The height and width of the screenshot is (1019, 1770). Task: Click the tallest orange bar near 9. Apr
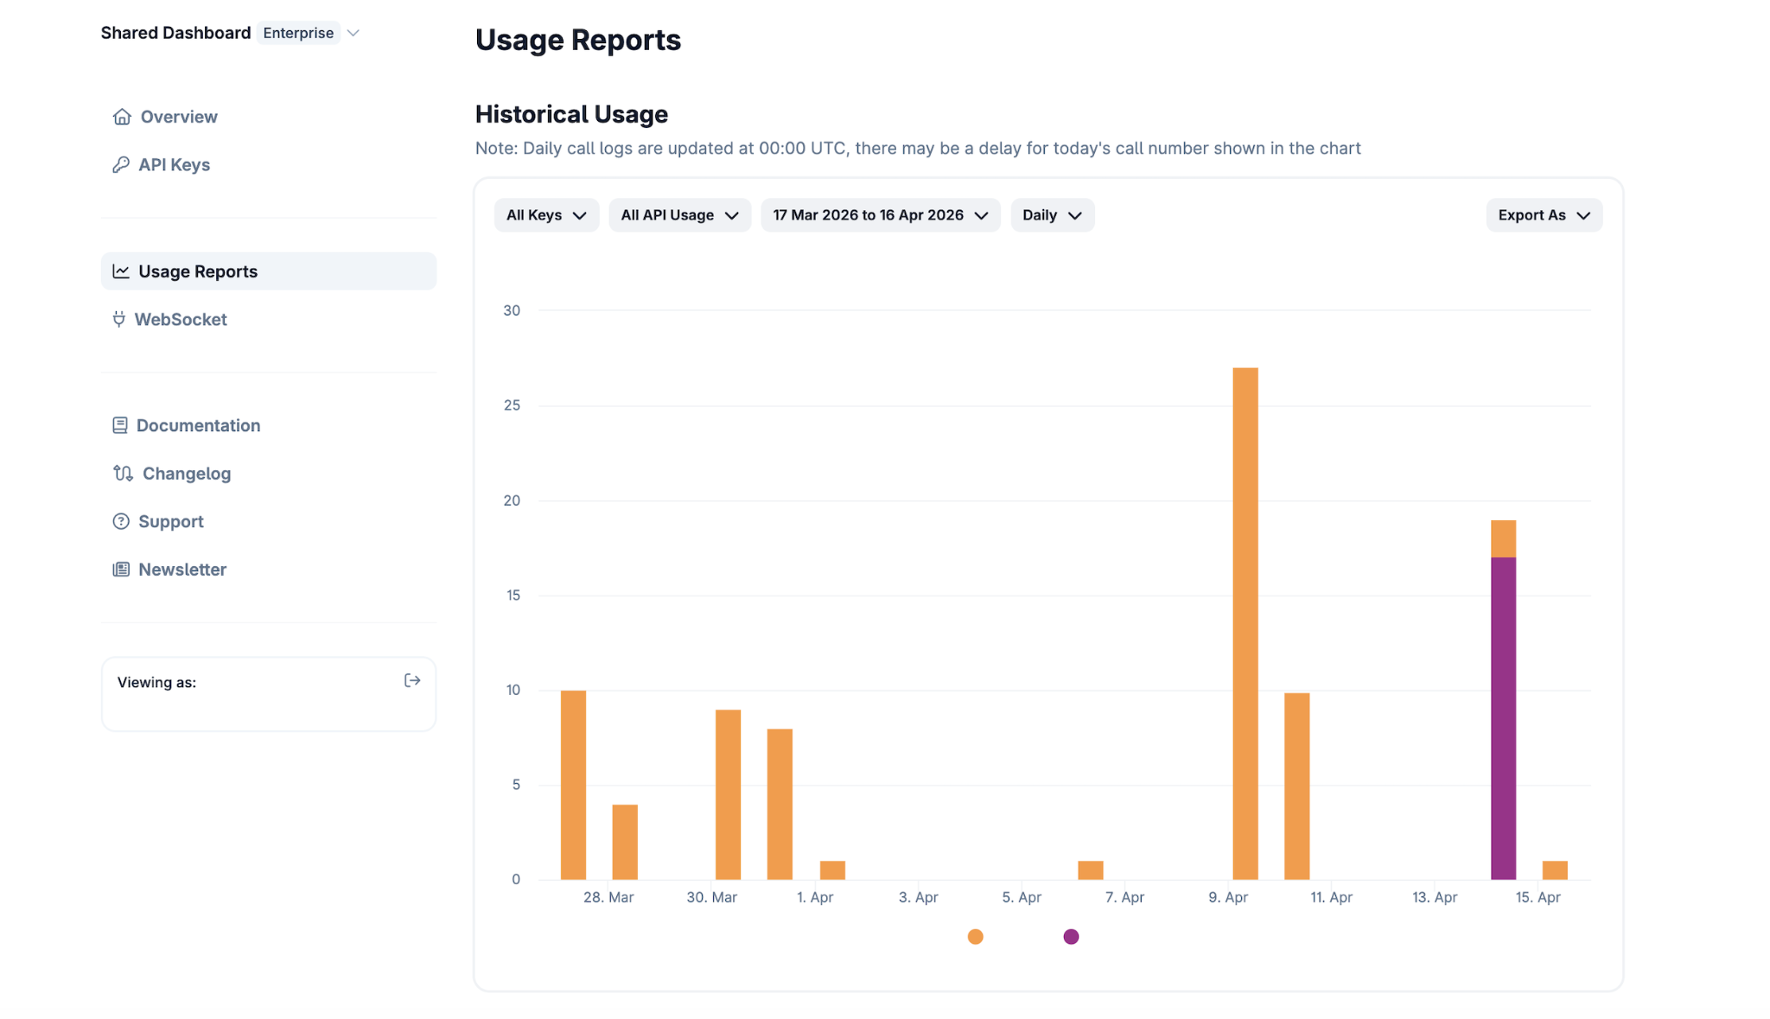(x=1245, y=623)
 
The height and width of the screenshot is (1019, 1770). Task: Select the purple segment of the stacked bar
(x=1503, y=718)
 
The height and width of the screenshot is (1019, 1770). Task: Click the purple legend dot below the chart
(x=1071, y=937)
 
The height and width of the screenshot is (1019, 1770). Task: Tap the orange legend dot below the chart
(x=975, y=937)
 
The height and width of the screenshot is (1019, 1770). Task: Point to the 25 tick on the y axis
(x=512, y=405)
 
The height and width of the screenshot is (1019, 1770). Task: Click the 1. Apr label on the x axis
(x=815, y=897)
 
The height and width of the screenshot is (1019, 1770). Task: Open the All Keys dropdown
(x=546, y=215)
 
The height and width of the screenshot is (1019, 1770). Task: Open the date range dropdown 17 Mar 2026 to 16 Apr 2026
(x=880, y=215)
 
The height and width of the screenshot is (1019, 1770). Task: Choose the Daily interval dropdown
(x=1052, y=215)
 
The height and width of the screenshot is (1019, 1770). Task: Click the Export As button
(x=1544, y=215)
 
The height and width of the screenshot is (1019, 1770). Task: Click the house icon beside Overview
(x=122, y=117)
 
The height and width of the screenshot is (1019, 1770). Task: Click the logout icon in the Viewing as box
(x=412, y=681)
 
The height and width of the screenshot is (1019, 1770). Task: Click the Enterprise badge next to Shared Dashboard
(x=298, y=33)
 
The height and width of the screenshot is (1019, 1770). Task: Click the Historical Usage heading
(x=571, y=114)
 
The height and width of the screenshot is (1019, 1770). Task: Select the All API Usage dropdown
(x=679, y=215)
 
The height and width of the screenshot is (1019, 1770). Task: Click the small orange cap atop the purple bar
(x=1503, y=538)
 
